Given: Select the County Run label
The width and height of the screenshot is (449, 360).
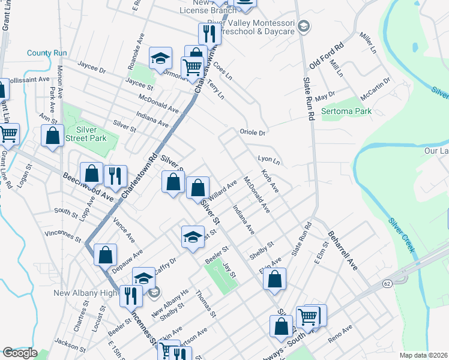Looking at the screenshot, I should (x=47, y=53).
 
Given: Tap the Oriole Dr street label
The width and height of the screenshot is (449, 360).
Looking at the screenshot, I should (x=252, y=132).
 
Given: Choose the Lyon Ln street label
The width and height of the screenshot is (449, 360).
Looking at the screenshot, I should (x=268, y=161).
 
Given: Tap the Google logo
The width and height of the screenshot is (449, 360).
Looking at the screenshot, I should (x=20, y=353).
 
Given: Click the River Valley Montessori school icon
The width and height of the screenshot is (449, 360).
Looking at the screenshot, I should (x=304, y=26).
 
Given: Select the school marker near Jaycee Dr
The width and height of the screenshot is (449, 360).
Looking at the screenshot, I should (x=160, y=59).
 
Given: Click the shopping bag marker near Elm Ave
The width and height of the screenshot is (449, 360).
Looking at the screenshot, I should (x=274, y=279).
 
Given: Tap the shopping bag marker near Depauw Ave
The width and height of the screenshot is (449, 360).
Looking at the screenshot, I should (x=105, y=254).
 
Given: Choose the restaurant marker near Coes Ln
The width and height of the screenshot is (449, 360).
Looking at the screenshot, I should (x=209, y=33).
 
